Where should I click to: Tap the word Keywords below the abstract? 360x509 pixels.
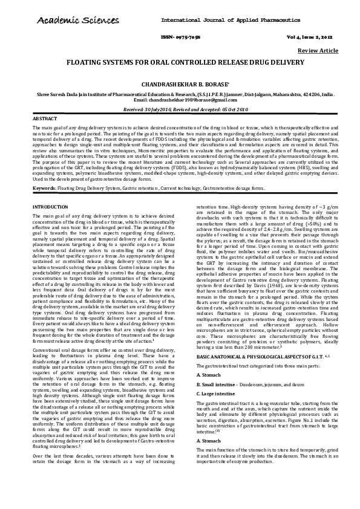pos(44,189)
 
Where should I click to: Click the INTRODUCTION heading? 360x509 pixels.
pos(50,207)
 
